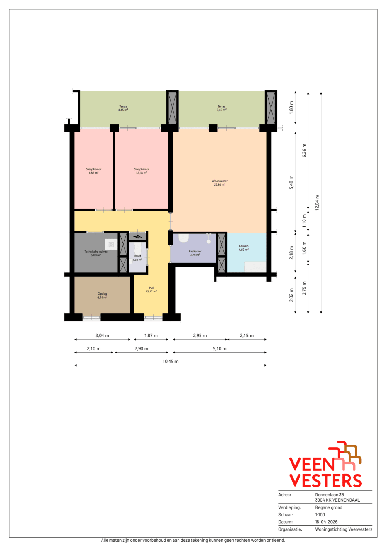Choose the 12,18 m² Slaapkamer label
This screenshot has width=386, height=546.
141,171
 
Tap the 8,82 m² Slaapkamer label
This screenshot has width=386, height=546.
94,171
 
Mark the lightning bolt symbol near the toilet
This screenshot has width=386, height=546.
137,237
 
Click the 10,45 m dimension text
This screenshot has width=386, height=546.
171,362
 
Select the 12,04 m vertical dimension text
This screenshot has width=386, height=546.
317,203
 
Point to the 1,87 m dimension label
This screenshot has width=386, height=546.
151,336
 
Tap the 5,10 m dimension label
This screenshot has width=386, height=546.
220,349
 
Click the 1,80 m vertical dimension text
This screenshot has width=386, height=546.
291,108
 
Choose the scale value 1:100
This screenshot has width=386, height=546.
320,515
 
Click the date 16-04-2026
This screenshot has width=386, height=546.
326,522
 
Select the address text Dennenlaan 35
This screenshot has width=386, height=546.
329,495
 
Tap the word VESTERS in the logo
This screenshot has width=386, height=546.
325,480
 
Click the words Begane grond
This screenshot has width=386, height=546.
329,507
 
